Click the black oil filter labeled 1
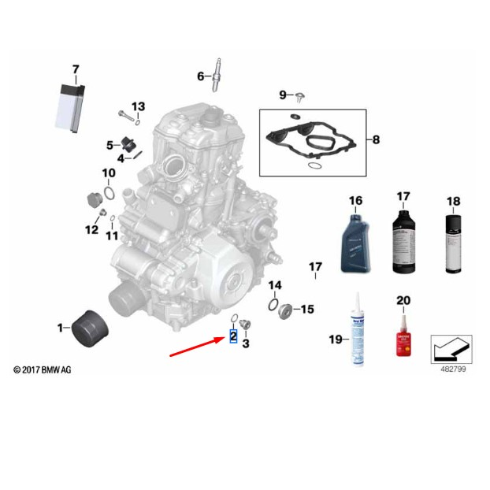pos(89,326)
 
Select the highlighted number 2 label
pos(233,336)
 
